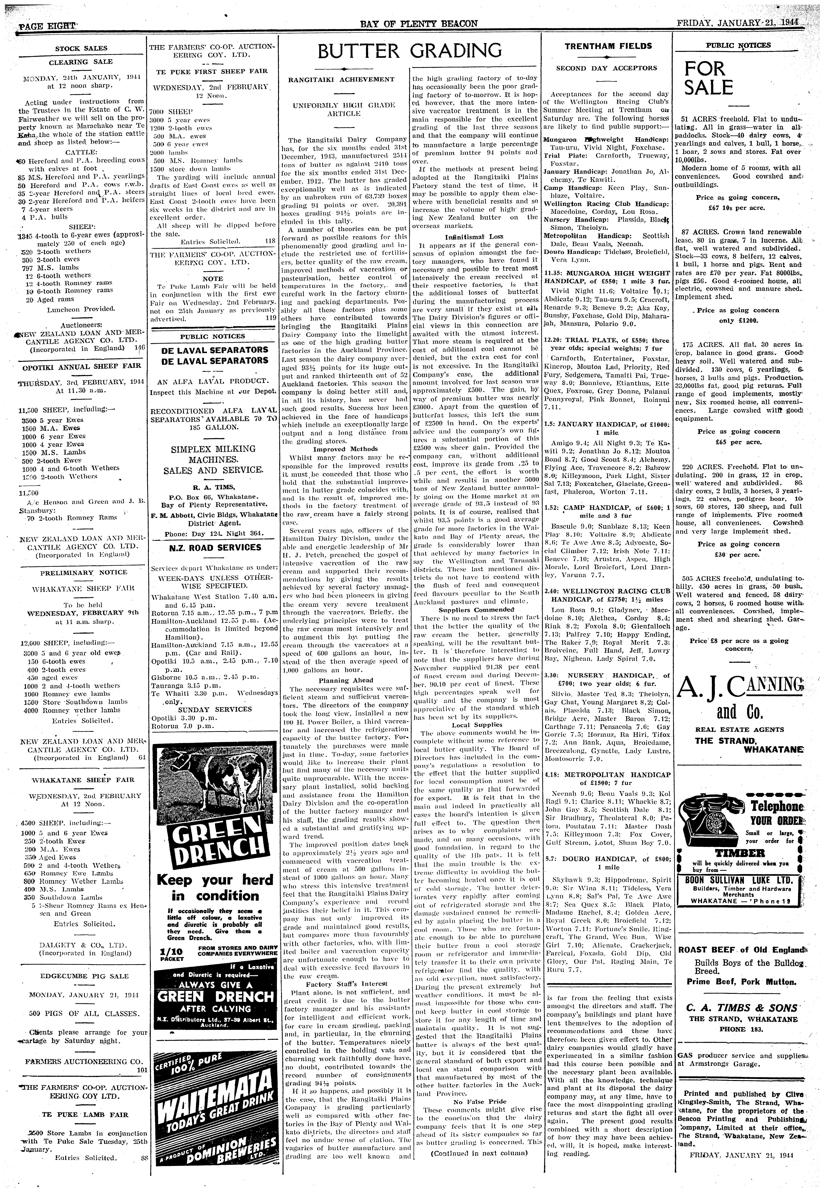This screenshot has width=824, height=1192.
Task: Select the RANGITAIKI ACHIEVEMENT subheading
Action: [341, 80]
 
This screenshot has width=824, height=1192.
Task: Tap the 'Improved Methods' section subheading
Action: [345, 449]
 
